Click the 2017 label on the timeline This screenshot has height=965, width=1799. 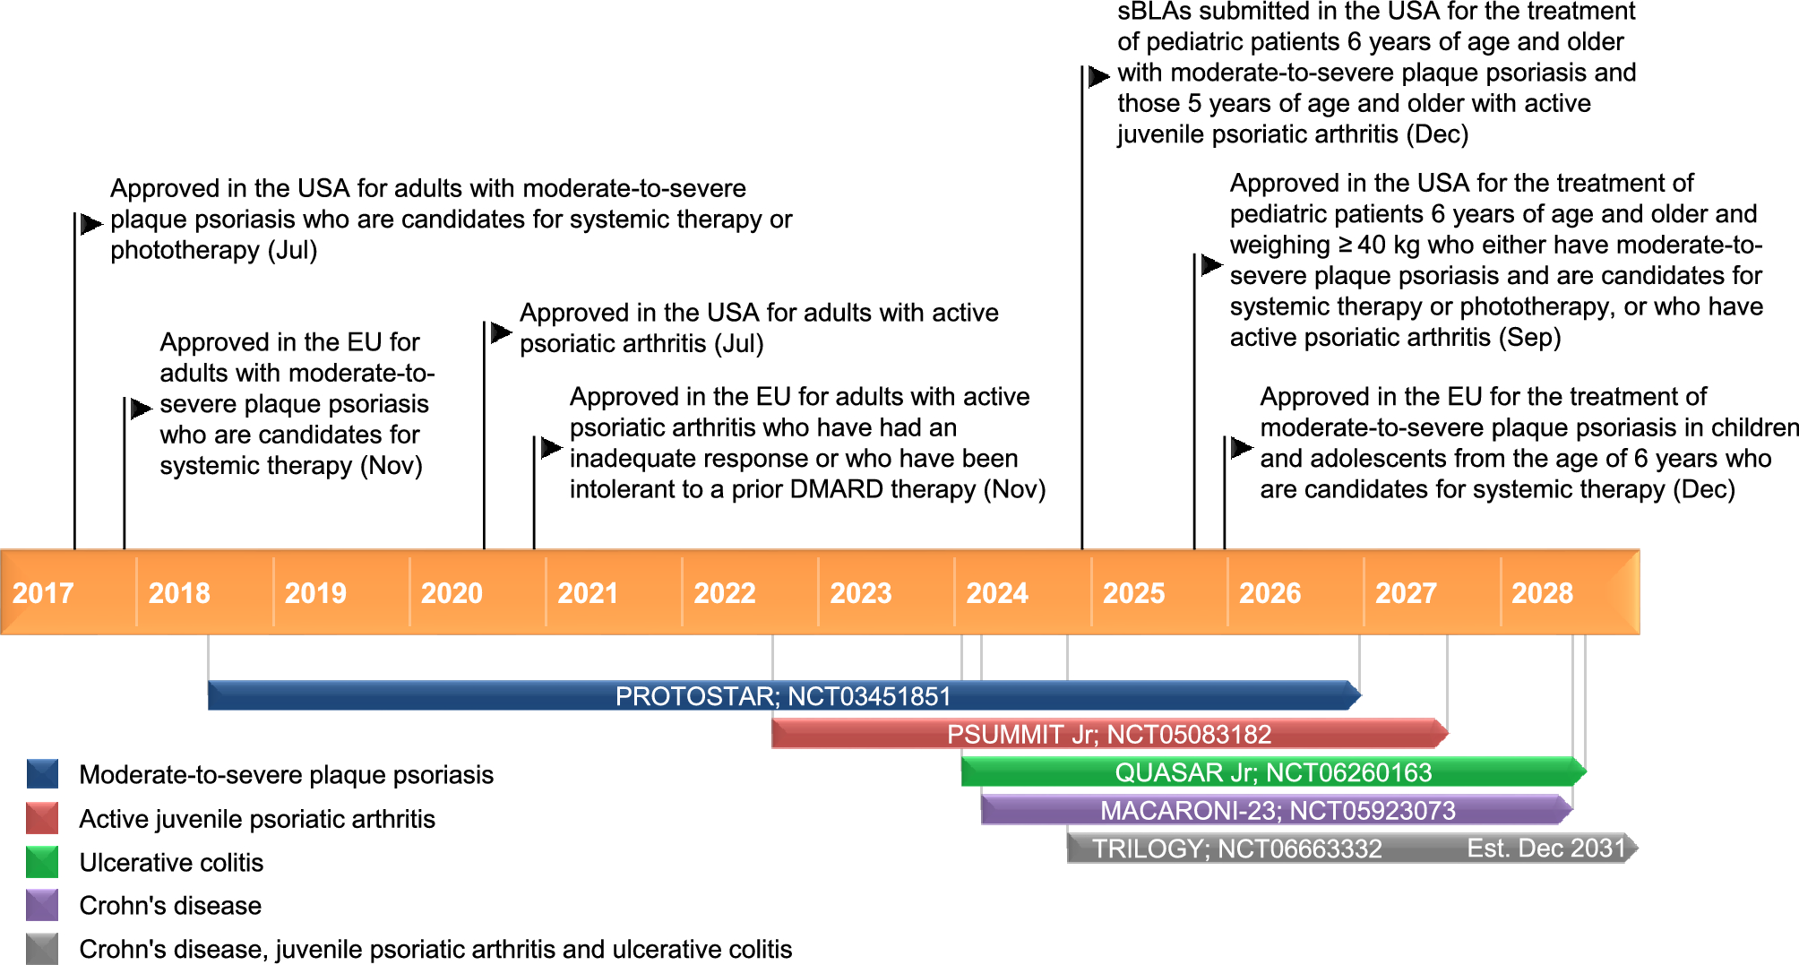click(42, 593)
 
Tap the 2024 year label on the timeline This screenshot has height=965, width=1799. click(996, 593)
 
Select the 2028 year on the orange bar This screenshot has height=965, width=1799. click(1542, 593)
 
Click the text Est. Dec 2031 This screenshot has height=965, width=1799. click(1545, 848)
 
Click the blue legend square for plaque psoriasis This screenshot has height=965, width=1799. click(42, 774)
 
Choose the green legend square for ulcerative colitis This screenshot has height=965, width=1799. click(42, 862)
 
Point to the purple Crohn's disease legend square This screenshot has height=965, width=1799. click(42, 905)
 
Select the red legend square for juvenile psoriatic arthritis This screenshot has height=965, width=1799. click(42, 818)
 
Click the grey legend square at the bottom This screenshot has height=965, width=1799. click(42, 949)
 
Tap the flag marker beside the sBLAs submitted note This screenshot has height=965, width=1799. click(1098, 77)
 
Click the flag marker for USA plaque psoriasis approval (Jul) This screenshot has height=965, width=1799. click(90, 223)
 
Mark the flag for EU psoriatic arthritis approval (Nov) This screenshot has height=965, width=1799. click(551, 447)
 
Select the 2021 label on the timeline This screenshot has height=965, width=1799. click(588, 593)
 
